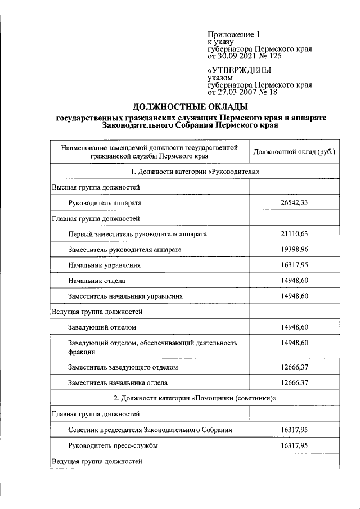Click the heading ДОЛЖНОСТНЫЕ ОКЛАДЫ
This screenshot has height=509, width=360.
[190, 106]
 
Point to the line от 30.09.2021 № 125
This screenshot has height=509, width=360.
[244, 56]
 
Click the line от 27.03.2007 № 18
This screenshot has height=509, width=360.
[242, 92]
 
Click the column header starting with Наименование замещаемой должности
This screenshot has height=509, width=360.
[148, 152]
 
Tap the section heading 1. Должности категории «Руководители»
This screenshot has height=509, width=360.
[194, 171]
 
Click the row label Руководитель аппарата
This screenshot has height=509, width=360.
[105, 202]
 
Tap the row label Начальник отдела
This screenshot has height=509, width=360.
[97, 280]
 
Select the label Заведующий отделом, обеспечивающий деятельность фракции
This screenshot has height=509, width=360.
[152, 347]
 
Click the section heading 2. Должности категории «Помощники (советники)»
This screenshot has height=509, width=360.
[194, 398]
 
